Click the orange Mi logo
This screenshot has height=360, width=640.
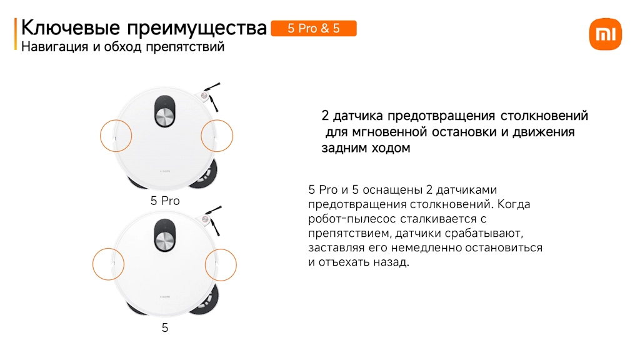605,34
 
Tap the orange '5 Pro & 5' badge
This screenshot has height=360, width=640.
314,29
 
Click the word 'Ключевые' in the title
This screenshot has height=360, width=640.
71,28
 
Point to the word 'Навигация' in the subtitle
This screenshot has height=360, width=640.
55,47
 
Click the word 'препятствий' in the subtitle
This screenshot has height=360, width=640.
185,47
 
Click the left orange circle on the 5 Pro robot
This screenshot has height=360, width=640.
101,136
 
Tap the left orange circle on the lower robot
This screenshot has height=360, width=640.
93,264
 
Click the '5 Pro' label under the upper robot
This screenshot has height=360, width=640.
165,201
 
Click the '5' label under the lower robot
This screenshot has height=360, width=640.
165,327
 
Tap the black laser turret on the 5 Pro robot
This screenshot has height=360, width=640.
165,111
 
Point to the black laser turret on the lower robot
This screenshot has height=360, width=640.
165,235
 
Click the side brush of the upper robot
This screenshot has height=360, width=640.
211,96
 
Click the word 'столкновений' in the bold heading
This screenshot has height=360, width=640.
544,116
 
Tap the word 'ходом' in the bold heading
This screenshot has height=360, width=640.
391,147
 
